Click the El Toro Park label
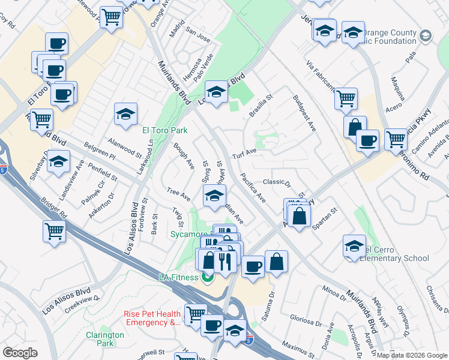164,130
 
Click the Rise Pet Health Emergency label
152,318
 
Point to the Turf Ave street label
245,154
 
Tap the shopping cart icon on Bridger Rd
54,231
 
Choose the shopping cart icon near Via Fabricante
346,98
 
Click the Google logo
20,353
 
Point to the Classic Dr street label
276,183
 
